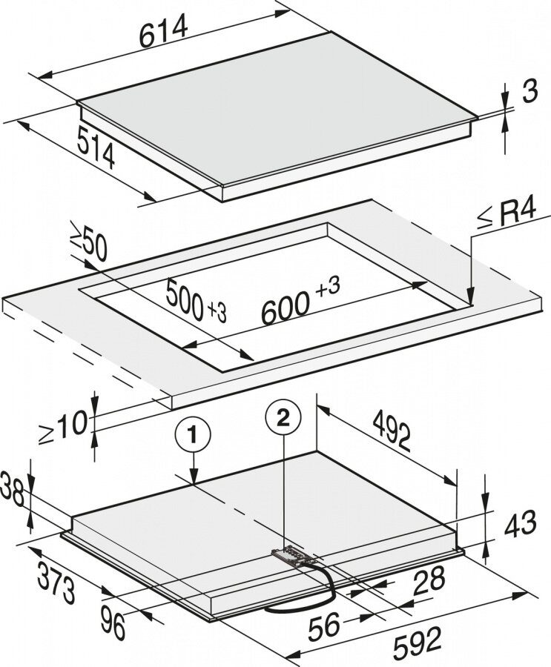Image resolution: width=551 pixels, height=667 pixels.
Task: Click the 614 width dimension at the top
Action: click(164, 31)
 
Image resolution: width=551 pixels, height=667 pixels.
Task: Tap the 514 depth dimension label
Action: click(96, 147)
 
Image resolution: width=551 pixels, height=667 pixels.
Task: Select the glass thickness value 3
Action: click(529, 90)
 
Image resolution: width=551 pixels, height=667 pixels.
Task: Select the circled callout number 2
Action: click(283, 418)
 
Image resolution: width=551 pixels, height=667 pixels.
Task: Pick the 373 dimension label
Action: click(56, 582)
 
